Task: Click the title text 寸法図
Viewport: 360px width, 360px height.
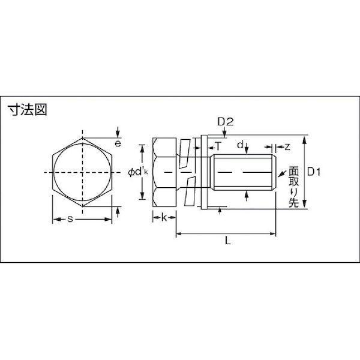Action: (26, 110)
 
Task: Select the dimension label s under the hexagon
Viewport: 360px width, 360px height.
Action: (70, 220)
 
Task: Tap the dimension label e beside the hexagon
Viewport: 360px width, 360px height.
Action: (118, 144)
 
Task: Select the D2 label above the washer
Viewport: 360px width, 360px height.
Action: (225, 122)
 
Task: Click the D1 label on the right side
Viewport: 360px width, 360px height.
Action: (317, 172)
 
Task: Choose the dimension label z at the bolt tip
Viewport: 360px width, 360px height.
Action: (287, 146)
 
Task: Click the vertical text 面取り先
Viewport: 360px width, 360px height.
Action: (294, 187)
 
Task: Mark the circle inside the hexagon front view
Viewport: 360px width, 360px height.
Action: (81, 173)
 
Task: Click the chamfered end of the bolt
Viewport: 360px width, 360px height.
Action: (273, 173)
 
